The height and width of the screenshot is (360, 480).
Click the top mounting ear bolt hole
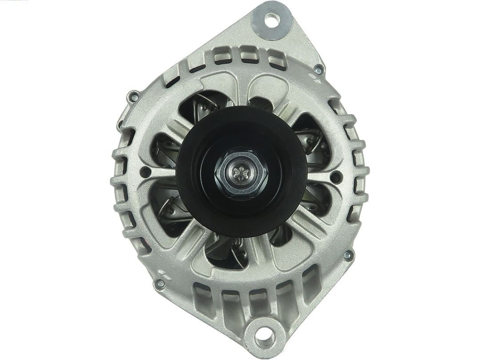coord(271,19)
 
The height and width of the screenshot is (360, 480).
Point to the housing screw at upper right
coord(318,71)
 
